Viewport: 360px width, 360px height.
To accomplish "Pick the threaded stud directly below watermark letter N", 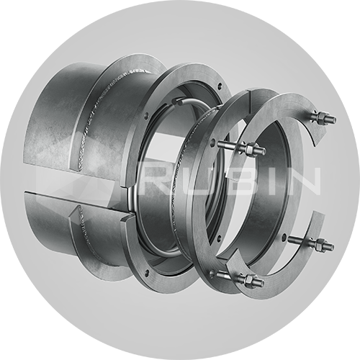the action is (x=311, y=243).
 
